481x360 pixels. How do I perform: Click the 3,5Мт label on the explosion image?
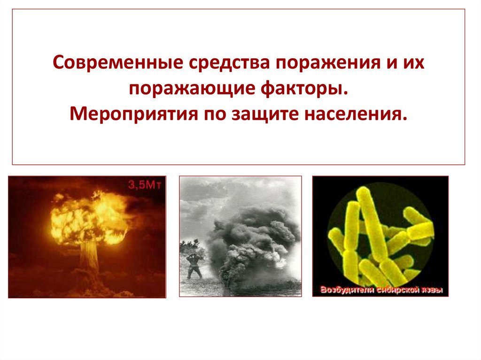pos(145,184)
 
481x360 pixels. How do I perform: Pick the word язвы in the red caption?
pos(431,290)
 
